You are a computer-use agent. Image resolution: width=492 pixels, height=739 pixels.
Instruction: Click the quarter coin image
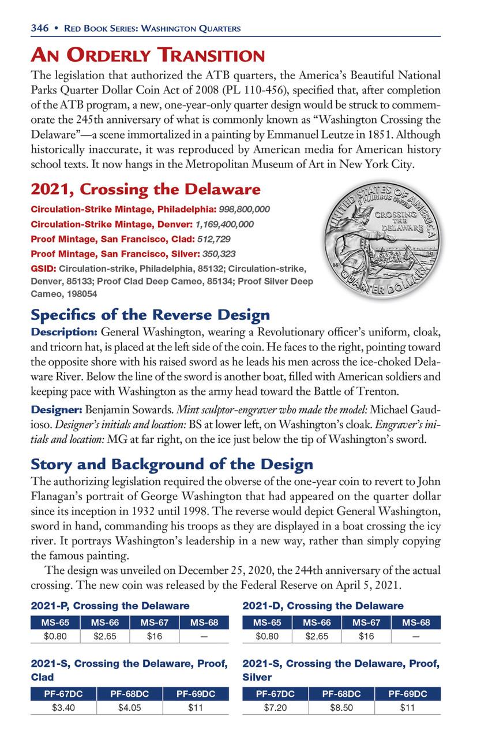[383, 240]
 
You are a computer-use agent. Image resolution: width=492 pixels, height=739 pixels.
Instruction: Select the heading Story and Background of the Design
[171, 464]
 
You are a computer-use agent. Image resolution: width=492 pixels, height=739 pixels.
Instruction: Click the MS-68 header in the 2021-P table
[204, 623]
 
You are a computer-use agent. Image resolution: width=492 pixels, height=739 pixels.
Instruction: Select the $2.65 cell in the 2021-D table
[317, 637]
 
